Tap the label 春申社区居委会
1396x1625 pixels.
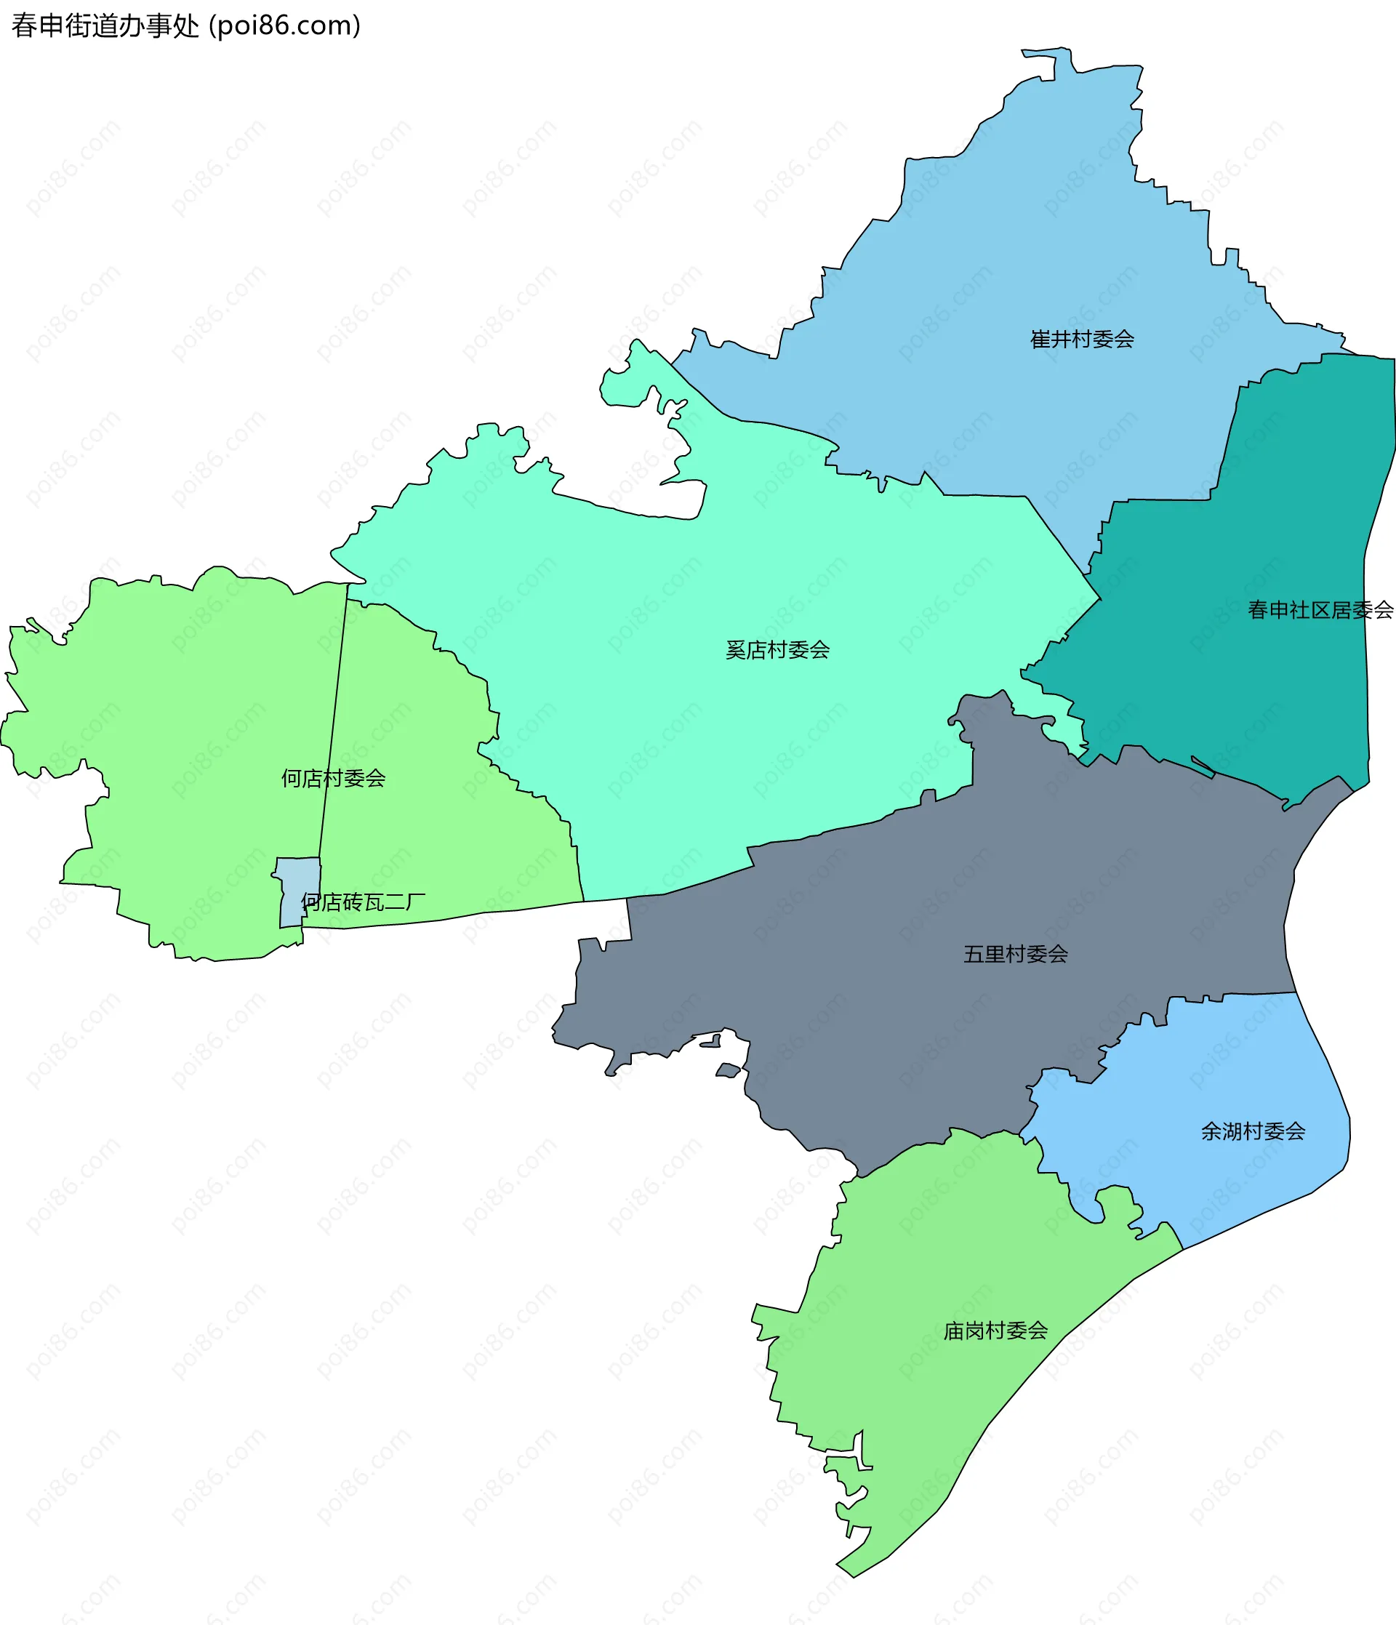pos(1320,609)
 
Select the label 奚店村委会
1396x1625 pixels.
pos(777,649)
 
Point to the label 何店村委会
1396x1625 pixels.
pos(333,778)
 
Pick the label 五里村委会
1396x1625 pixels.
pos(1016,954)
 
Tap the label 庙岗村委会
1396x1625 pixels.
pos(995,1330)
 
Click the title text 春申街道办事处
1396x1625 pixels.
pos(105,26)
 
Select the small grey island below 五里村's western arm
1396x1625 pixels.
pos(728,1070)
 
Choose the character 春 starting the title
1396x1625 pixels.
pos(23,26)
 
